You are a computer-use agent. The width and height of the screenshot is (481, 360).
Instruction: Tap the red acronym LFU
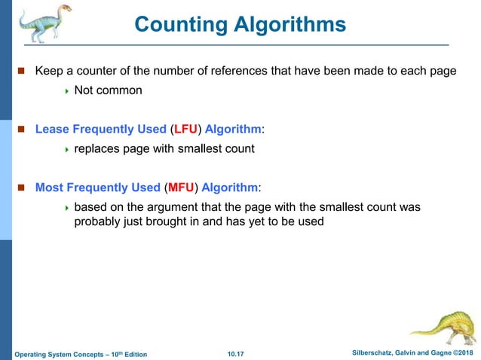coord(185,129)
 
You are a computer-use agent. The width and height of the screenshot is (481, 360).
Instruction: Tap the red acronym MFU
coord(181,187)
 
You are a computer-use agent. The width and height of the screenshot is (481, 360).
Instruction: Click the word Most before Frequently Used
coord(50,187)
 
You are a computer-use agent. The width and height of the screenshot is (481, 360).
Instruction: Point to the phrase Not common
coord(108,90)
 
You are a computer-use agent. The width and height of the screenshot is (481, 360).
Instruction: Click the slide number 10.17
coord(237,353)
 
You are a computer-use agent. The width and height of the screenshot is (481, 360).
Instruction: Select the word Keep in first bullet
coord(50,71)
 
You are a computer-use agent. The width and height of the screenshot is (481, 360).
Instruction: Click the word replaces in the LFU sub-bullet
coord(99,148)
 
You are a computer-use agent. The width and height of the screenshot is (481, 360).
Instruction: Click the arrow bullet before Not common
coord(66,91)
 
